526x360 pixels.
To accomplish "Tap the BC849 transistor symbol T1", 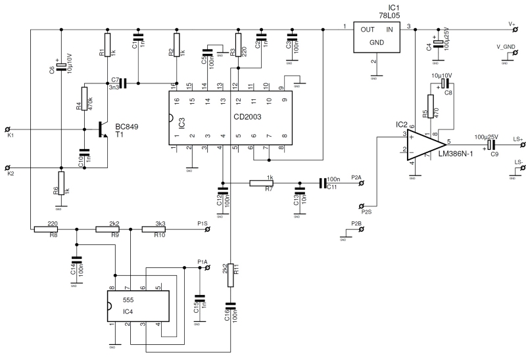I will click(x=101, y=129).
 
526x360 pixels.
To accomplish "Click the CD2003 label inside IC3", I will click(x=247, y=117).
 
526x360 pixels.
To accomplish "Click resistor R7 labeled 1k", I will click(x=267, y=183).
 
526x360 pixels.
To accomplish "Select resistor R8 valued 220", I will click(x=45, y=229).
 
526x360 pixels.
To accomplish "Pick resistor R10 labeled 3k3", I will click(x=153, y=229).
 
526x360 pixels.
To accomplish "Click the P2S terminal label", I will click(x=366, y=212).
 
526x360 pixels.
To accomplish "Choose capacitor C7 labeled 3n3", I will click(x=122, y=83).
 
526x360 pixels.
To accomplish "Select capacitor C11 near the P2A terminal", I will click(x=323, y=183).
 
